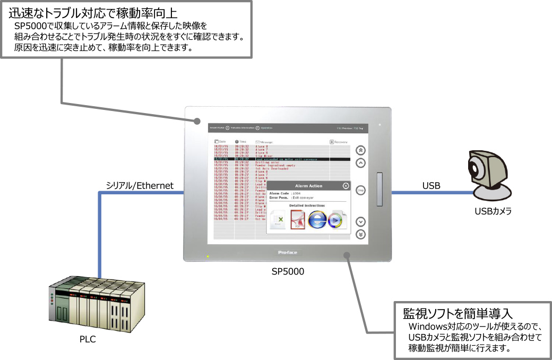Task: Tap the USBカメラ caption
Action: pos(493,211)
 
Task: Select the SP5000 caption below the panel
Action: pos(288,271)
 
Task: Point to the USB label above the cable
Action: pos(430,186)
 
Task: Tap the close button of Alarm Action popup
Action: pos(346,186)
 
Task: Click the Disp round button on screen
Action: pos(360,190)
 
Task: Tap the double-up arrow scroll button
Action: pos(360,150)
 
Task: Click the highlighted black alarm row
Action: pos(281,159)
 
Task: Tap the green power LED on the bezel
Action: pos(208,256)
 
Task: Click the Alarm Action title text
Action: pos(308,186)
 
